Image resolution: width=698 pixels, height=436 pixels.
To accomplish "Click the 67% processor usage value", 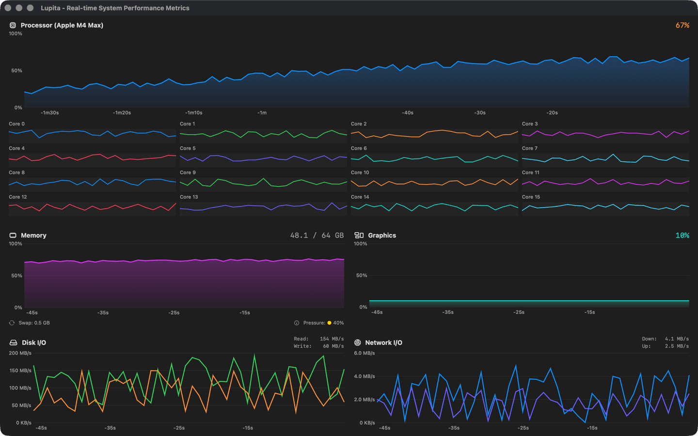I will [682, 25].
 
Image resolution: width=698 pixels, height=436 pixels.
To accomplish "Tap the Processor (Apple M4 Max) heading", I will [62, 25].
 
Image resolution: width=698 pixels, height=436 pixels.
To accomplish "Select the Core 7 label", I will [529, 148].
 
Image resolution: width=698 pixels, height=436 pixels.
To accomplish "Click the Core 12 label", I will [18, 197].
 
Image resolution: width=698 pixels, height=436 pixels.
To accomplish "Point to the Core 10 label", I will [360, 172].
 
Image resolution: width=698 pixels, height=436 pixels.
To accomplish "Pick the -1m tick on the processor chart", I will [262, 113].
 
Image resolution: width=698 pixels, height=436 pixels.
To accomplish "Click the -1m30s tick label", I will [49, 113].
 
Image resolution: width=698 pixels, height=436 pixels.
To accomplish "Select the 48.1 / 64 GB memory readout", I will [317, 235].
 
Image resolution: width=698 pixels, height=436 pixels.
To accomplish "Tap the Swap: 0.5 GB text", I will [34, 323].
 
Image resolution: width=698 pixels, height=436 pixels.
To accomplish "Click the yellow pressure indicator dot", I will [329, 323].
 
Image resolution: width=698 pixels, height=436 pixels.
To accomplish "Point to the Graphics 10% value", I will [682, 235].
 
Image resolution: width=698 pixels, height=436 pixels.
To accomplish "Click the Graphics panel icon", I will [359, 235].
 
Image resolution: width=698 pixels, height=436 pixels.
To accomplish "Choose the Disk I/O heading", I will [33, 343].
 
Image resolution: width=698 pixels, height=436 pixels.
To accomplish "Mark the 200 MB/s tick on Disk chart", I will [20, 353].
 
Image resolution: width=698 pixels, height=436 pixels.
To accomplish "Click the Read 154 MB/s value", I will [332, 339].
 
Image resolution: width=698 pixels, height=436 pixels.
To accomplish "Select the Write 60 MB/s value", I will [333, 346].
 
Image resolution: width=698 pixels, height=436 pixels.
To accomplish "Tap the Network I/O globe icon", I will [358, 343].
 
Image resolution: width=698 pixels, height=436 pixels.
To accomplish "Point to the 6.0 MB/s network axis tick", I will [364, 353].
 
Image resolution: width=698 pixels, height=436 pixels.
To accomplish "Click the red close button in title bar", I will [8, 8].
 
